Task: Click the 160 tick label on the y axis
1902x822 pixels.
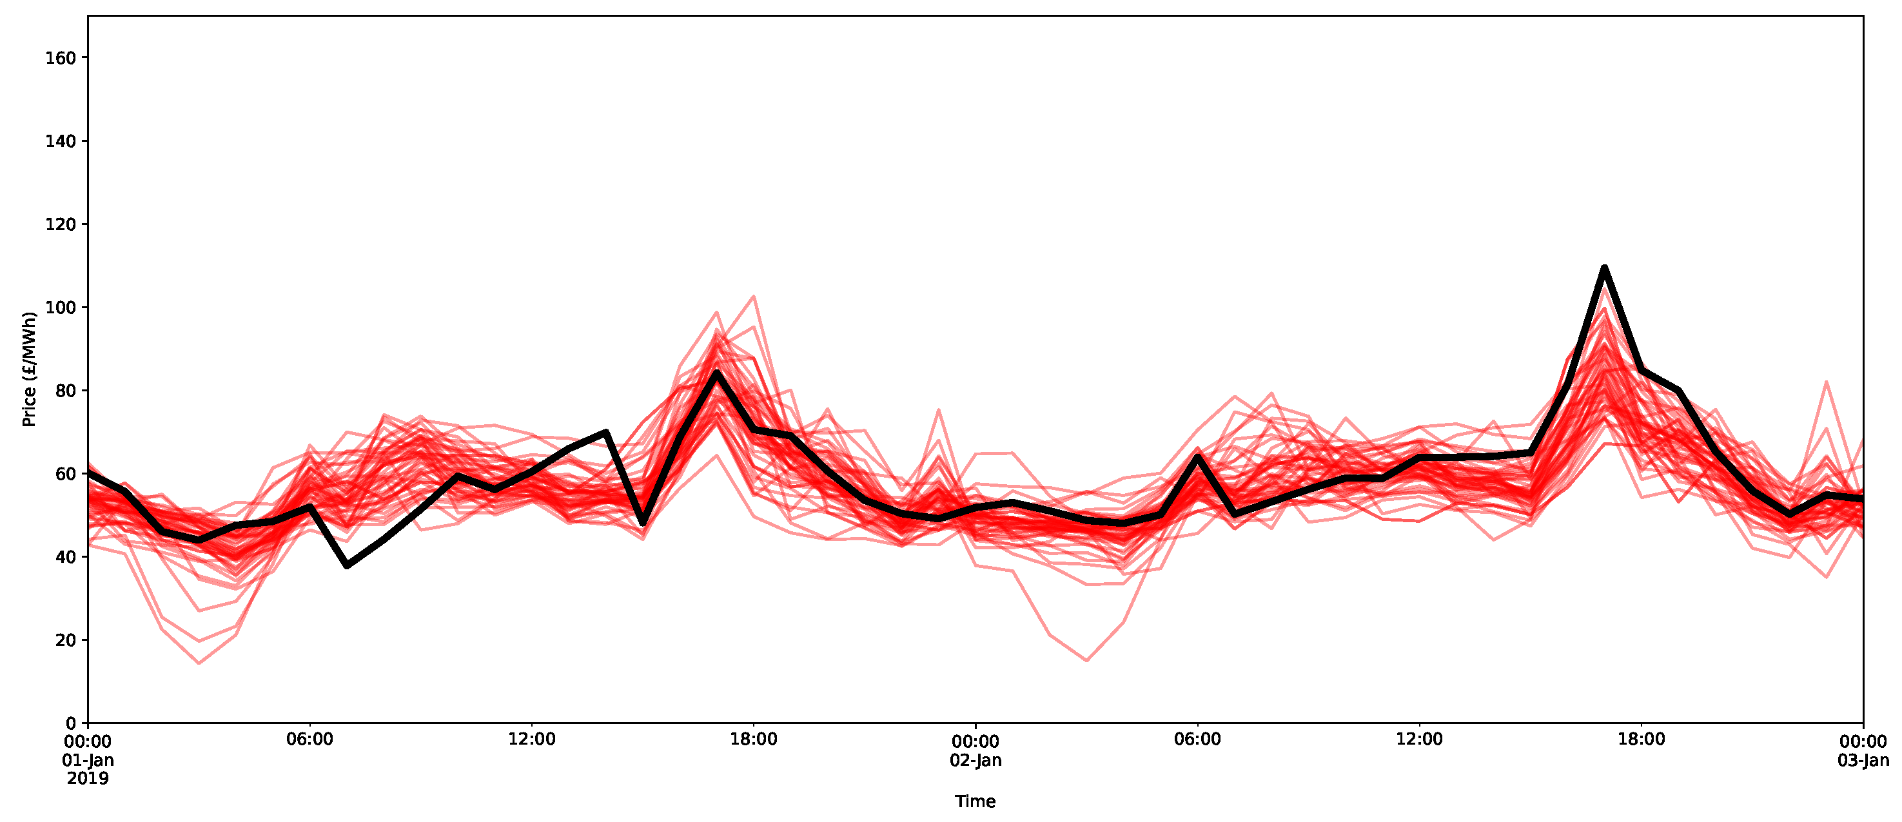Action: click(x=61, y=57)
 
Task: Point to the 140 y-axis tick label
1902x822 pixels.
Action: click(x=61, y=141)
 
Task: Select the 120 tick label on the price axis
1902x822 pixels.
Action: click(x=61, y=224)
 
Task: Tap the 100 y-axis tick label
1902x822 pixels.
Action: click(x=61, y=308)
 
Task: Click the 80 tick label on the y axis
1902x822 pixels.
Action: click(x=66, y=391)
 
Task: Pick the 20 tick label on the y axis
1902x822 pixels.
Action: click(x=66, y=640)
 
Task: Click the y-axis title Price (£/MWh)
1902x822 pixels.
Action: click(x=29, y=369)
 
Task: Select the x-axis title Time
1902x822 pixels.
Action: click(x=975, y=801)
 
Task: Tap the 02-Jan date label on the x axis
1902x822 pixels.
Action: click(x=975, y=760)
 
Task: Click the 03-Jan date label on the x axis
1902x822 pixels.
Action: click(x=1863, y=760)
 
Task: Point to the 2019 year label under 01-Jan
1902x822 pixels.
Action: click(x=88, y=778)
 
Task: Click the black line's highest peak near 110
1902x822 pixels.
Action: click(x=1603, y=268)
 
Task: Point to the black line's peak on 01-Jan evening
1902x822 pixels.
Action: click(x=716, y=373)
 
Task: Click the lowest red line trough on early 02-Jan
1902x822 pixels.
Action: click(x=1086, y=660)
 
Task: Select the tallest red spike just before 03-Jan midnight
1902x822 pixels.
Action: click(x=1827, y=382)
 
